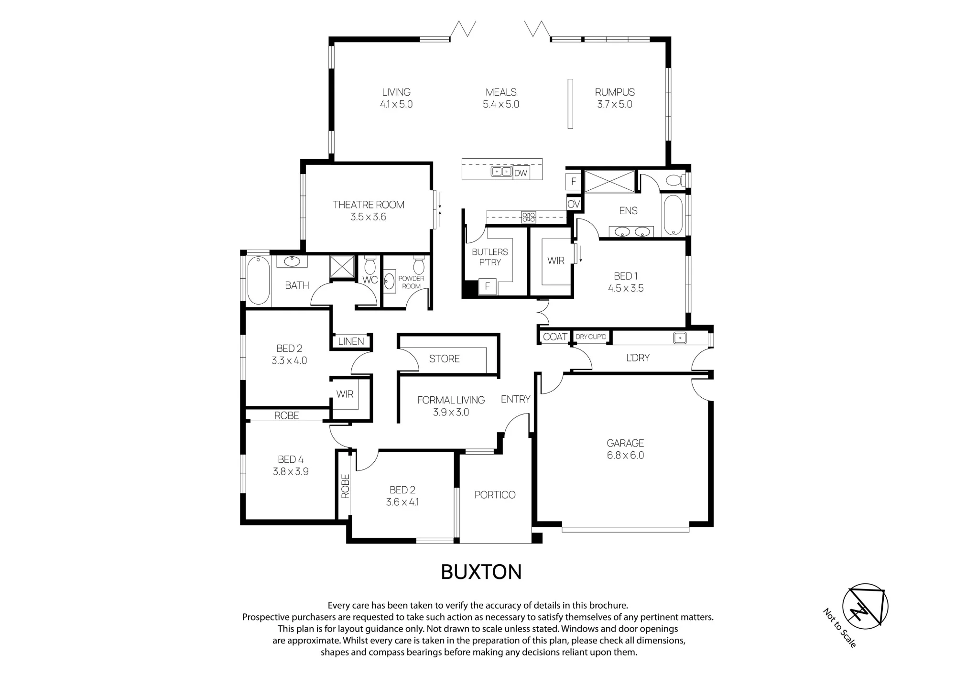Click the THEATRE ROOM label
coord(368,205)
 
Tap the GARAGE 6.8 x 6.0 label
coord(625,449)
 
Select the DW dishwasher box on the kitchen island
coord(521,173)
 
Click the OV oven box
coord(574,204)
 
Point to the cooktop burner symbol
coord(529,217)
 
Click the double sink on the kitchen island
coord(501,172)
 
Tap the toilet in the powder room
coord(419,265)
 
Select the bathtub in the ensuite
coord(673,215)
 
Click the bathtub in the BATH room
coord(259,280)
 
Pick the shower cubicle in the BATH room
coord(342,267)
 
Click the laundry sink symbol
coord(680,338)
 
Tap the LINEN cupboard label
coord(351,341)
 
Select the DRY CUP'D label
coord(591,337)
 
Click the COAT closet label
coord(555,337)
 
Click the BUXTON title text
coord(481,572)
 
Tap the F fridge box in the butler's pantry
coord(488,286)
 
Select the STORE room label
coord(444,359)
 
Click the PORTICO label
coord(495,495)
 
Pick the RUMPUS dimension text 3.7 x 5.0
coord(615,104)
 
